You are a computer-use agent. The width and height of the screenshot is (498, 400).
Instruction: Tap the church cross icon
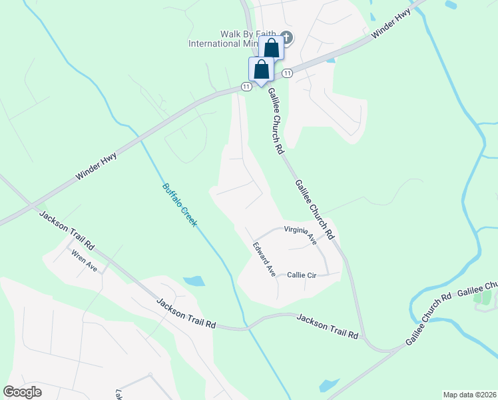tap(287, 37)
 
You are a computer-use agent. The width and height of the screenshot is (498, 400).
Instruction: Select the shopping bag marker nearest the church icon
tap(271, 48)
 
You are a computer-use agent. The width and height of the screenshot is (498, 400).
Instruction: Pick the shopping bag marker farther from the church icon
tap(261, 69)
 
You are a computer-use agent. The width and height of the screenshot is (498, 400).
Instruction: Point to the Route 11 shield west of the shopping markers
tap(246, 87)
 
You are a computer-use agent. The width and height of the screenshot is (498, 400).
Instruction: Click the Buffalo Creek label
tap(180, 205)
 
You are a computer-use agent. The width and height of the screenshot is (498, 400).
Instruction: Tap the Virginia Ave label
tap(300, 235)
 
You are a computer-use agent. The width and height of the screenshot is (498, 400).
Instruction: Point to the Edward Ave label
tap(264, 259)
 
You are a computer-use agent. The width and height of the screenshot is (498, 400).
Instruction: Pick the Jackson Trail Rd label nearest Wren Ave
tap(67, 230)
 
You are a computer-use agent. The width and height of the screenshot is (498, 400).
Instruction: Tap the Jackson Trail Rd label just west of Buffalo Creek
tap(186, 313)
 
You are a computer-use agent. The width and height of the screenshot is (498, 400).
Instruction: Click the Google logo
tap(22, 392)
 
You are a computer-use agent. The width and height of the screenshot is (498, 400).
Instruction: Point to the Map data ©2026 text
tap(469, 394)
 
